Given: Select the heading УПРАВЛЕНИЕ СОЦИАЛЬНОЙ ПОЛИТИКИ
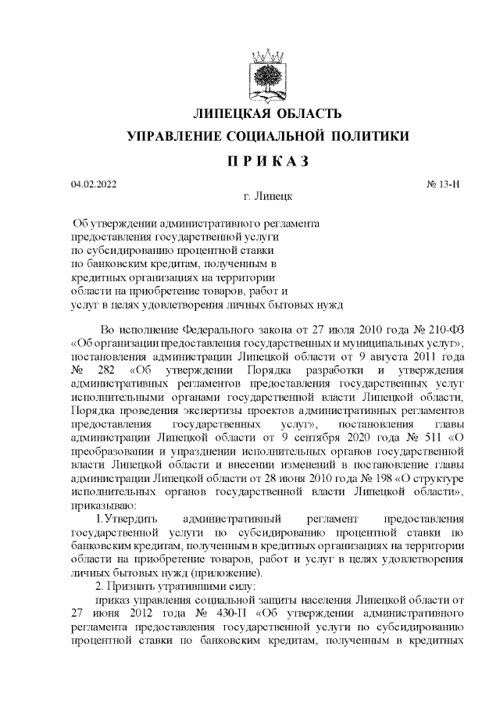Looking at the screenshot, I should pos(268,137).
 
